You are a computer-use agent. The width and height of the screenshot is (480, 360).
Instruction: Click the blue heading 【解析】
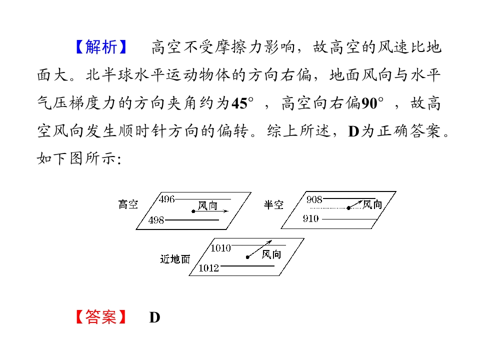(101, 47)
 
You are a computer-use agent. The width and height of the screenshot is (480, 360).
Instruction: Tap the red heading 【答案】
(101, 317)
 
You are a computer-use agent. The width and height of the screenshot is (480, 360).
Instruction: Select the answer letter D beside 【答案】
(154, 317)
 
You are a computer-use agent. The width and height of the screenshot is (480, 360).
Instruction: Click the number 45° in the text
(242, 103)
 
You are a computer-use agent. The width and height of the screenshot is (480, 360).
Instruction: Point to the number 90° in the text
(372, 103)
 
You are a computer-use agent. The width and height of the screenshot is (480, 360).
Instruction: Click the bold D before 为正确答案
(353, 131)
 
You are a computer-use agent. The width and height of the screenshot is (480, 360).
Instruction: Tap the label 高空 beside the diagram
(128, 204)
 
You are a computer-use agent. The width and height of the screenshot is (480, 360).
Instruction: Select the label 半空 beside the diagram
(273, 205)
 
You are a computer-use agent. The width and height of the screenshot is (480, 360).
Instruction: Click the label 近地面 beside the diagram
(175, 259)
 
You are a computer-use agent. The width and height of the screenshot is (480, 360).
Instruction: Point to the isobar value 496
(167, 199)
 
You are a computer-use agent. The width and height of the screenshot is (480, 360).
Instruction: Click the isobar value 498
(156, 220)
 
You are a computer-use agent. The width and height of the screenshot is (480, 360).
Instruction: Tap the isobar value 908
(314, 199)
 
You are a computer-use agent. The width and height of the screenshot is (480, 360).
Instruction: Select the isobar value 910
(310, 218)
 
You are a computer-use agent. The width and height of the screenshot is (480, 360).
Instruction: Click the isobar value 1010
(220, 248)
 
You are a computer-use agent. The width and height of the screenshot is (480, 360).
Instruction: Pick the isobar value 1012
(209, 268)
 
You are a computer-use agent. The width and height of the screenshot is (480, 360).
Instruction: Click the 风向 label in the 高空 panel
(207, 205)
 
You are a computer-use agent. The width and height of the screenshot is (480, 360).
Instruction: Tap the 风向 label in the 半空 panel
(372, 204)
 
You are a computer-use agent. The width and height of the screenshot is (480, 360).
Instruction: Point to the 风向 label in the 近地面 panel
(271, 254)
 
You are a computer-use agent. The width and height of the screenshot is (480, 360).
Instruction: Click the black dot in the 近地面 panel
(247, 257)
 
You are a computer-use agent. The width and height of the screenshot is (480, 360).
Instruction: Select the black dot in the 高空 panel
(193, 211)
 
